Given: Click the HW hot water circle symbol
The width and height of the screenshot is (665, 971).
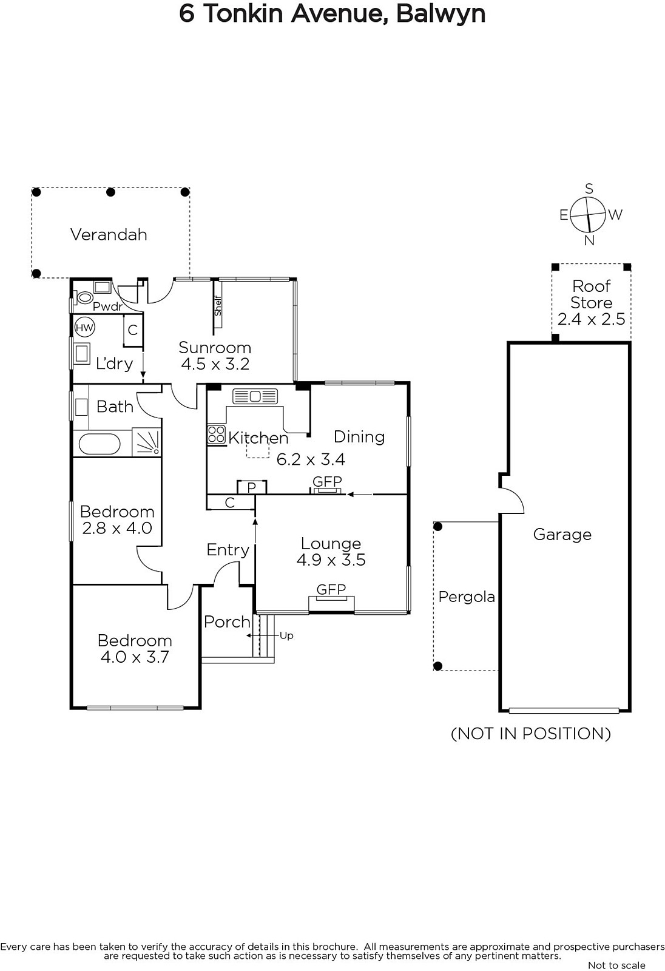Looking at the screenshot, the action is click(x=84, y=328).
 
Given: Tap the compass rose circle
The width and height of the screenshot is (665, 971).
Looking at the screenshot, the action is click(x=587, y=215).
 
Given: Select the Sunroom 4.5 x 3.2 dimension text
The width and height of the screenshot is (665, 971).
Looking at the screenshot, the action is click(x=215, y=364).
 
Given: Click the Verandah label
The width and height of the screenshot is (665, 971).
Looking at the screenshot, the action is click(x=109, y=235).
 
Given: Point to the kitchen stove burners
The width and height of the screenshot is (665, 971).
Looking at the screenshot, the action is click(x=217, y=435).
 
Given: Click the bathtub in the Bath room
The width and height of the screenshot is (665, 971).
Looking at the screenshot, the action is click(x=100, y=444).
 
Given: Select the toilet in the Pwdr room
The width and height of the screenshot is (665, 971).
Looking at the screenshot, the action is click(x=84, y=298).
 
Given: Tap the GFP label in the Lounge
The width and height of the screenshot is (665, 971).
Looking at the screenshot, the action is click(x=331, y=589).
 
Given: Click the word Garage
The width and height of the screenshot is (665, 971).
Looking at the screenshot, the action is click(x=562, y=535).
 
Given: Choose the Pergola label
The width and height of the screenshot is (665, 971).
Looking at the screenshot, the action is click(x=467, y=597).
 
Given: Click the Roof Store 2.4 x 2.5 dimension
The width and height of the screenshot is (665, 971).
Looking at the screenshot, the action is click(x=592, y=319).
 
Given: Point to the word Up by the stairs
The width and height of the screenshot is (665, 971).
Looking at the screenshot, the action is click(x=286, y=636).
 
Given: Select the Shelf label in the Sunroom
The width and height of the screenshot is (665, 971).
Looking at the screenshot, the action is click(x=218, y=306).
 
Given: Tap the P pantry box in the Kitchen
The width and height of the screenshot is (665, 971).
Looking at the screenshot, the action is click(x=251, y=487).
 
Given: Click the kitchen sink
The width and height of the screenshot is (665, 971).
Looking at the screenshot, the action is click(x=255, y=396).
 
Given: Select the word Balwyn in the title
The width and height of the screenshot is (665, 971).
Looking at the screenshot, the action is click(x=441, y=14).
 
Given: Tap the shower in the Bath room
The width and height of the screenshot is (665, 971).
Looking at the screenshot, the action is click(x=146, y=442).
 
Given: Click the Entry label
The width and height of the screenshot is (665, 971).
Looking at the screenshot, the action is click(x=228, y=550).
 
